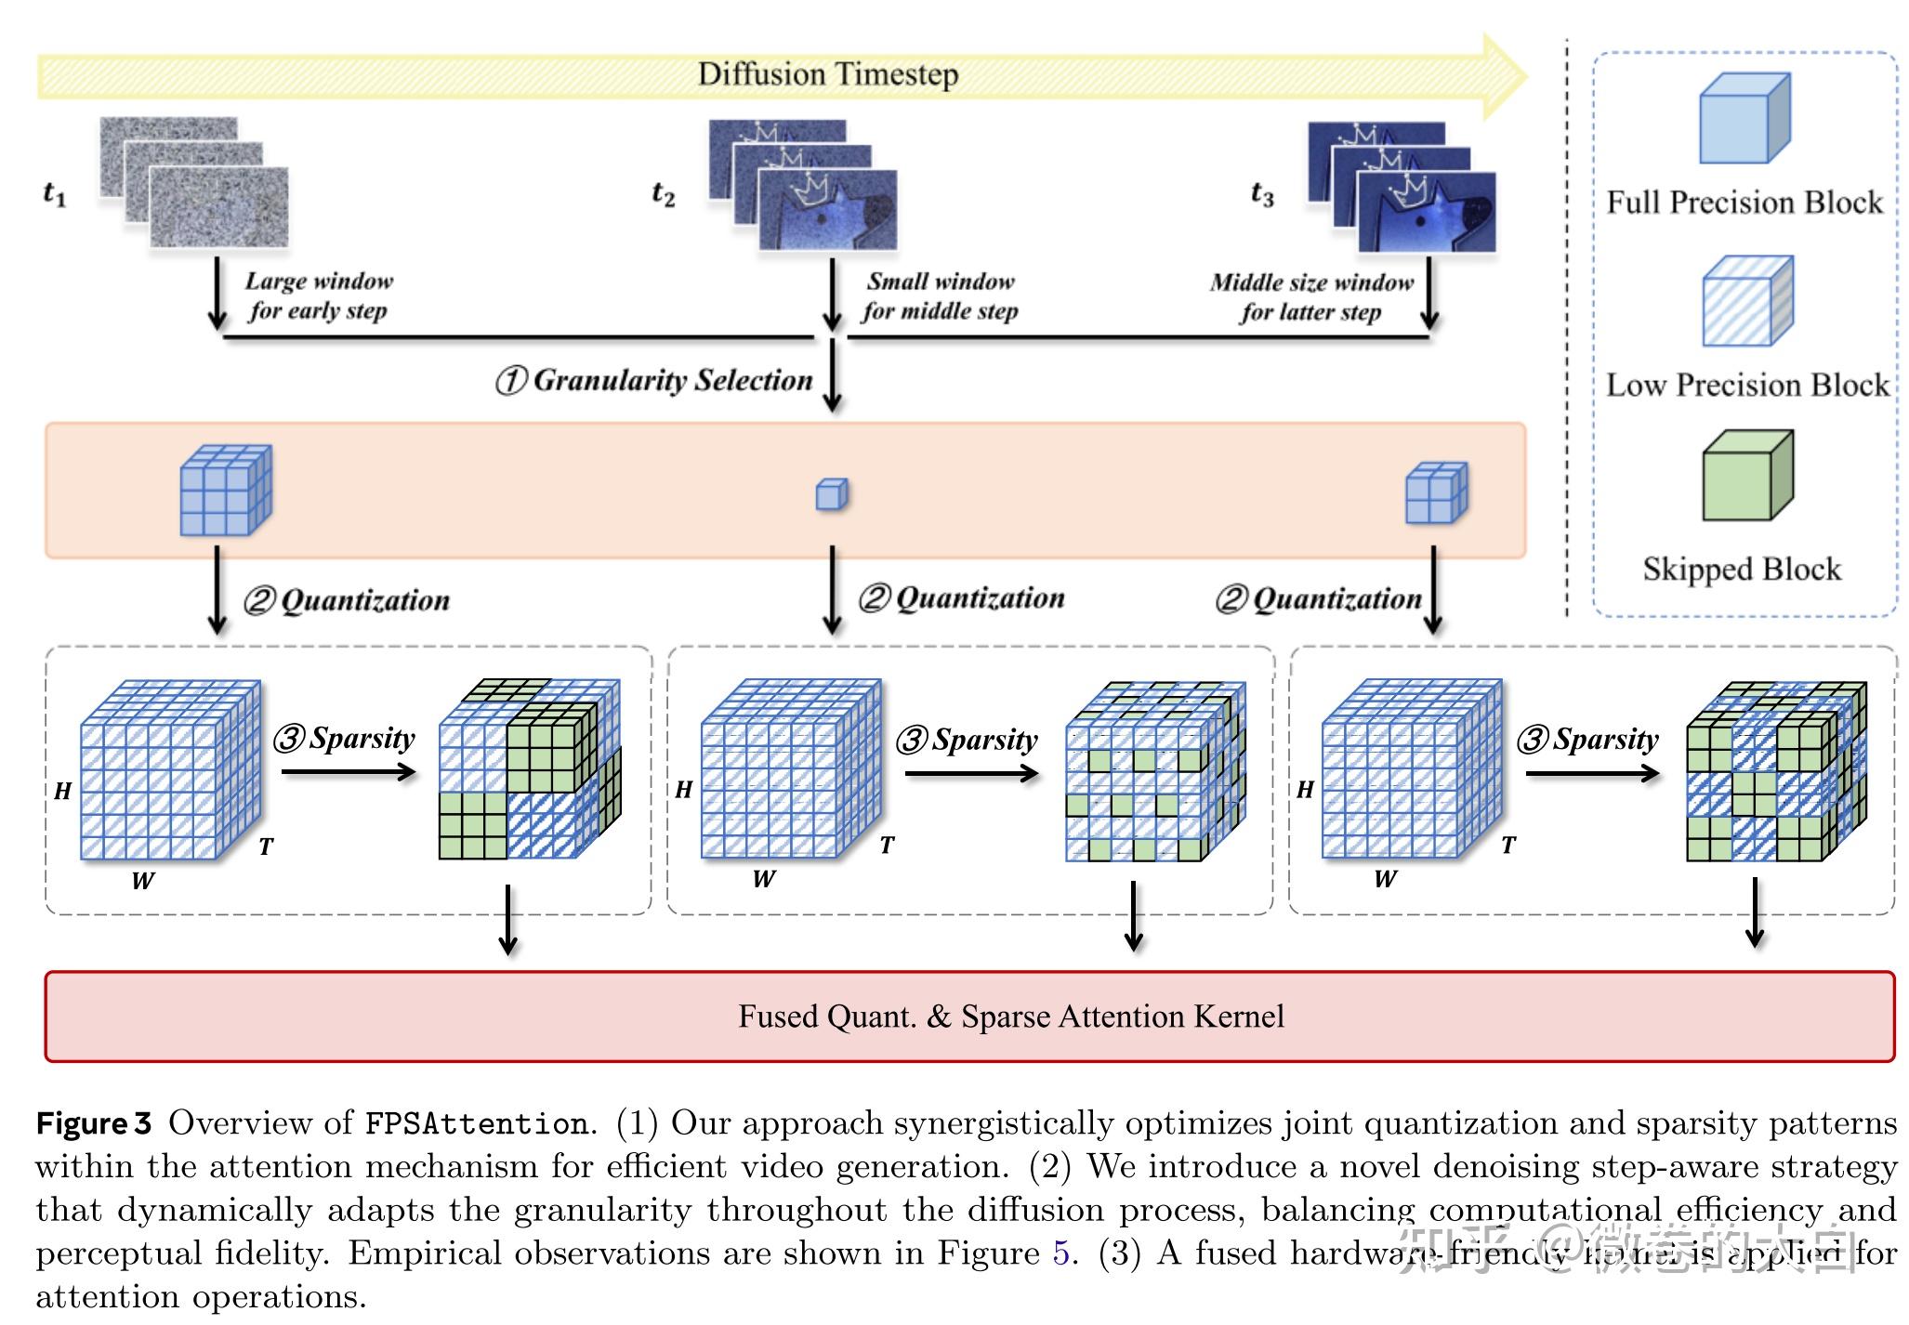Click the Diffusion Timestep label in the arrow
coord(827,74)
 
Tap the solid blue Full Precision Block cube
coord(1743,121)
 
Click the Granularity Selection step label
coord(655,380)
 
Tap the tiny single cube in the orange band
coord(831,494)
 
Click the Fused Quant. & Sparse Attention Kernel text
coord(1010,1017)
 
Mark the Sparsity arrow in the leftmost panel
coord(348,771)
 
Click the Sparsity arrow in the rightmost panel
coord(1591,773)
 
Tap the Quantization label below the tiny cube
coord(962,598)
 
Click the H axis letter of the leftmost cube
coord(62,792)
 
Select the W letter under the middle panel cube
coord(763,879)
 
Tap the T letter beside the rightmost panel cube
coord(1507,846)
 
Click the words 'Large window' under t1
coord(319,282)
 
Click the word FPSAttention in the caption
coord(476,1123)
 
